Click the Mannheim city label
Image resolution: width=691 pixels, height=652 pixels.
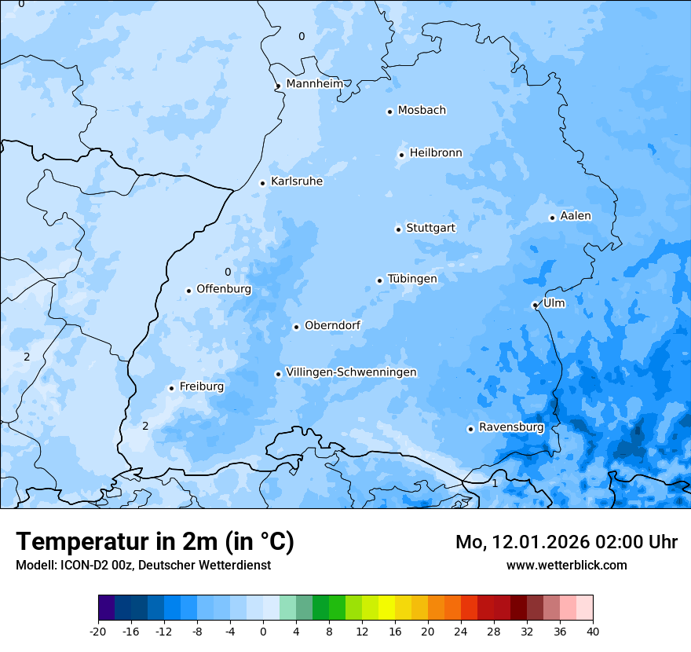(314, 83)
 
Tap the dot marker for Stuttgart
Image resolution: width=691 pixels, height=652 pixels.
(398, 229)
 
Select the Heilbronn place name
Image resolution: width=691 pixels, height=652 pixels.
(436, 153)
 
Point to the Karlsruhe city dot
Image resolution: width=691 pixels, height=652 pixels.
(263, 183)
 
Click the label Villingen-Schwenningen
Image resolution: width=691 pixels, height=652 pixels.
(351, 372)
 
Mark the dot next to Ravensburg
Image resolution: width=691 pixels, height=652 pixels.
(470, 429)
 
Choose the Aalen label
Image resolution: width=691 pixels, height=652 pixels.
(576, 216)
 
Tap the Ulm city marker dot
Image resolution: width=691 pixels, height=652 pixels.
(535, 305)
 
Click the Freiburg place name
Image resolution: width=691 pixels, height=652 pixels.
(201, 386)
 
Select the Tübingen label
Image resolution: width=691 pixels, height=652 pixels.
(412, 279)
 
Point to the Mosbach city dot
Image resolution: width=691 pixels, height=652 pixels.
(389, 112)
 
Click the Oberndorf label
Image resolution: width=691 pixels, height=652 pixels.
(332, 325)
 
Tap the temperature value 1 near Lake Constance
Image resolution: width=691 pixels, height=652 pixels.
(495, 483)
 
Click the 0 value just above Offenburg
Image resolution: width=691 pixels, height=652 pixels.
(228, 273)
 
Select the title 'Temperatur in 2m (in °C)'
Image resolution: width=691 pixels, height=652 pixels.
(155, 542)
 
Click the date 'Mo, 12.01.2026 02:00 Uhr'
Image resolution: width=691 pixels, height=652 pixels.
(566, 542)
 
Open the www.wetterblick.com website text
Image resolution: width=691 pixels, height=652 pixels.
(566, 565)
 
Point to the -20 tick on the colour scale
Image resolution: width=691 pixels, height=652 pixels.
(98, 631)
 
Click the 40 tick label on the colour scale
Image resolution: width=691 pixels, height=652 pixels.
(593, 631)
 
